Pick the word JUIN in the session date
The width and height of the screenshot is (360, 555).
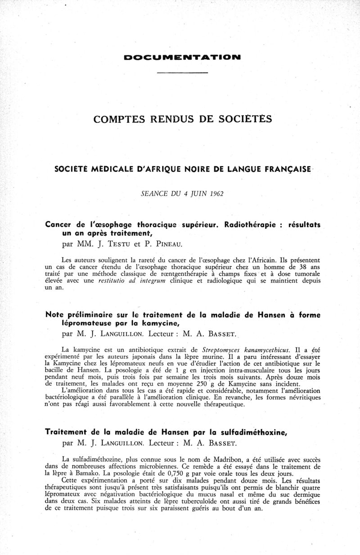tap(200, 194)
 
